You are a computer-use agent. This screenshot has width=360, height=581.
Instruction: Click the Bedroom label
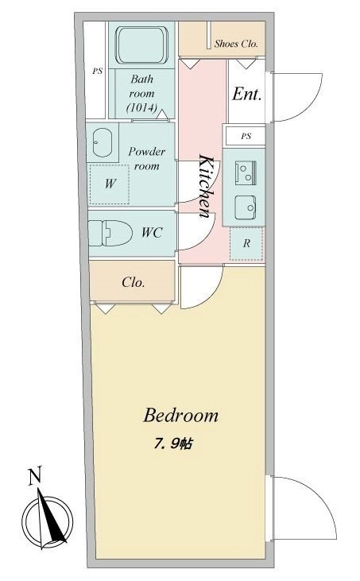(x=180, y=415)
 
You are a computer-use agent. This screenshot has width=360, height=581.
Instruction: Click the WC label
(x=153, y=234)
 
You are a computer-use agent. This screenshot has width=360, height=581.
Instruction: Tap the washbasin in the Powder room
(x=103, y=143)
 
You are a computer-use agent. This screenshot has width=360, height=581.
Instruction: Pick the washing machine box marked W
(x=110, y=183)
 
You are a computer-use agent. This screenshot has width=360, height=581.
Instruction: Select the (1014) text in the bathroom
(x=141, y=107)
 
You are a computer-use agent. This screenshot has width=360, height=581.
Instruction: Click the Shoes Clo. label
(x=236, y=45)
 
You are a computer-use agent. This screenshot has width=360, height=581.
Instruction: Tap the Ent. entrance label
(x=246, y=94)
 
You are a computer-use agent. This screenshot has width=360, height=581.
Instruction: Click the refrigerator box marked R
(x=246, y=243)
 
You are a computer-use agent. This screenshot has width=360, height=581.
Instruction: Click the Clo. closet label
(x=133, y=282)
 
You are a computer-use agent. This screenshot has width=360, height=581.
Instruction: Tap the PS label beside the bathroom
(x=97, y=71)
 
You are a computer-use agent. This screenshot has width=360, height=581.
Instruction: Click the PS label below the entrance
(x=246, y=136)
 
